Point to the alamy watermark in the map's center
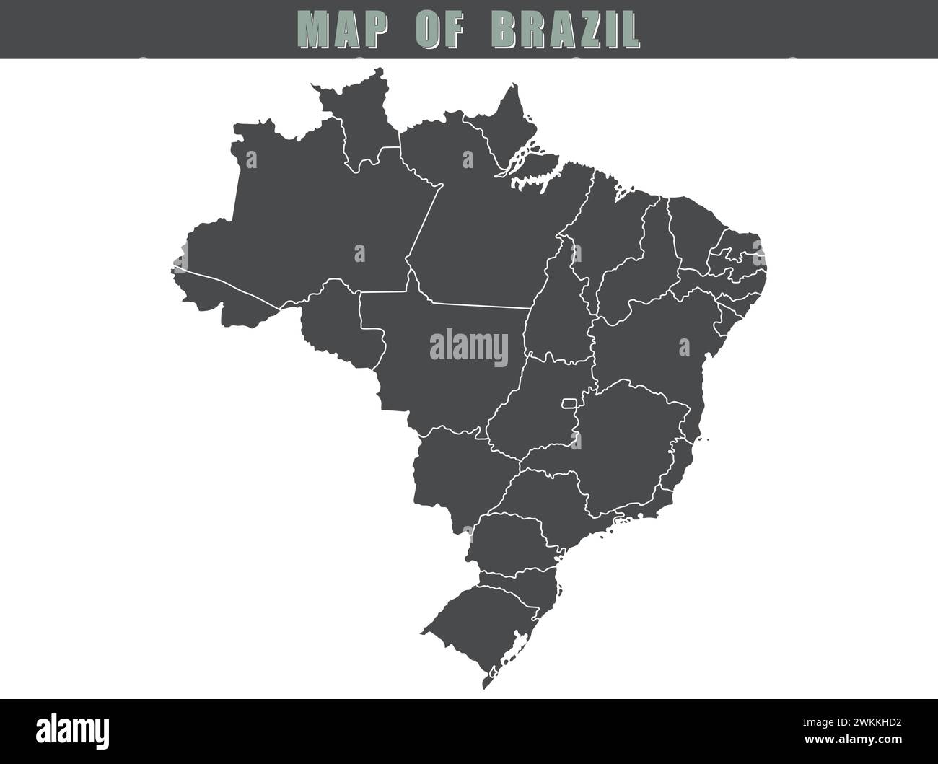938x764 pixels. (469, 346)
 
